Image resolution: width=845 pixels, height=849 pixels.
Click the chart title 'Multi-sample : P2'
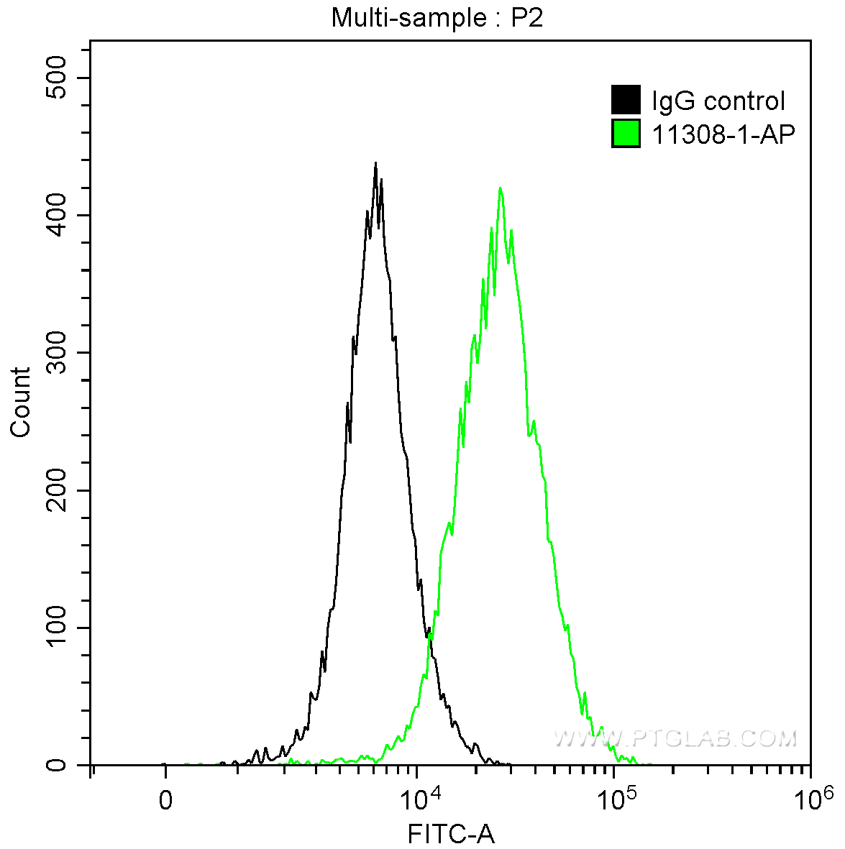437,18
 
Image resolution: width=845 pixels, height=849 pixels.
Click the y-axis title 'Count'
21,402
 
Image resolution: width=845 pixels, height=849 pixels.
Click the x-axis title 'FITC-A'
451,835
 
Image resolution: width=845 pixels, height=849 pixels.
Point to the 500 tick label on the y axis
56,78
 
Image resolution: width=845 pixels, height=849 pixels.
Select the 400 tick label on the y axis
56,215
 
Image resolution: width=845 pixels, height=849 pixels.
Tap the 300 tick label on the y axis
56,352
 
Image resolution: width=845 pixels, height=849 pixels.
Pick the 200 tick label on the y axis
56,490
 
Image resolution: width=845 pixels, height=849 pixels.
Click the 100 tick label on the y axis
56,628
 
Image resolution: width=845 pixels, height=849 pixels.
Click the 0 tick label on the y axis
56,765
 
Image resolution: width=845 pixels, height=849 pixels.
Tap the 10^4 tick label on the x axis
419,798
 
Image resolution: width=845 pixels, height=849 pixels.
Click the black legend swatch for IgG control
626,100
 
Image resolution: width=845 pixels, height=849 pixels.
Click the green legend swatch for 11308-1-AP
626,133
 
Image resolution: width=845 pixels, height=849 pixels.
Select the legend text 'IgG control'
718,101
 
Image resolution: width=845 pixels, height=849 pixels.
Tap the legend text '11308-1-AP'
723,134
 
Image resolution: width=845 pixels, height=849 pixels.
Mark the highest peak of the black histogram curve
375,163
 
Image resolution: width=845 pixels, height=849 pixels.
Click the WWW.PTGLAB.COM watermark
675,738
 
